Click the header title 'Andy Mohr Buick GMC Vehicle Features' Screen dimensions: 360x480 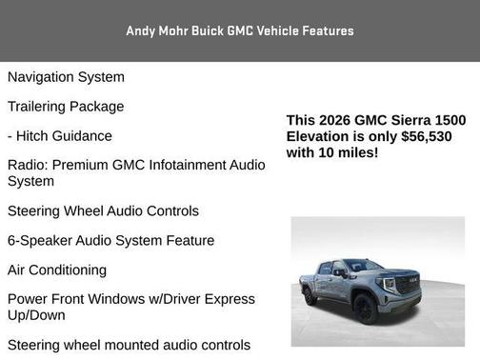point(240,30)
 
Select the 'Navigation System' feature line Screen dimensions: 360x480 point(66,76)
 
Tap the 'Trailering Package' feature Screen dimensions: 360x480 point(66,106)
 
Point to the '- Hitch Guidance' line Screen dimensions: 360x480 point(60,135)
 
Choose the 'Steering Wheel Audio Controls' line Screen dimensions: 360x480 point(103,210)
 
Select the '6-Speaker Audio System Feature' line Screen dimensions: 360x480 point(110,240)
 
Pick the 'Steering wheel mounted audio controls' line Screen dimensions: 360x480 point(129,345)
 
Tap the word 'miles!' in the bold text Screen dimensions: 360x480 point(358,152)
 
